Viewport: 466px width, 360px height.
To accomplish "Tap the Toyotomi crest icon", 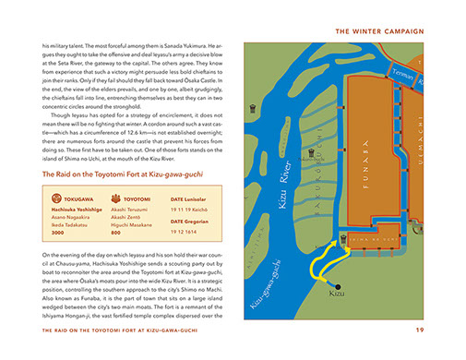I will tap(115, 197).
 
